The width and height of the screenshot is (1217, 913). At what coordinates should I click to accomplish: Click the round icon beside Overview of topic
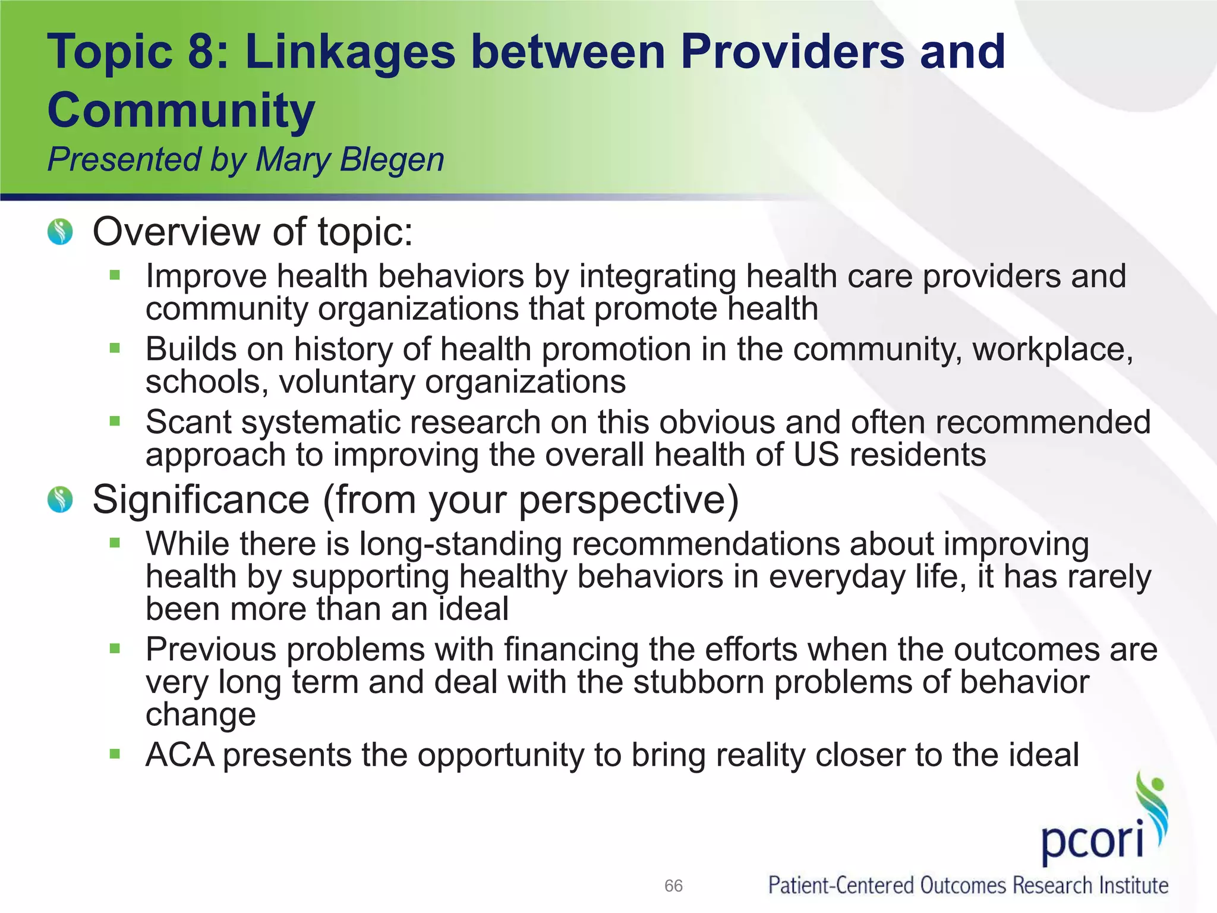pos(60,232)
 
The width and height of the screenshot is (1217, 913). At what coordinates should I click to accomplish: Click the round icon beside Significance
pos(60,499)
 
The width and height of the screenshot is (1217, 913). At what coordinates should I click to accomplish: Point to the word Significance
pos(201,499)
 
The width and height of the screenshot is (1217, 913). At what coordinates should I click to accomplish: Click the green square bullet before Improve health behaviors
pos(115,275)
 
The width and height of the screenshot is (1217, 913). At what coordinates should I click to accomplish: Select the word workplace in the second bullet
pos(1052,349)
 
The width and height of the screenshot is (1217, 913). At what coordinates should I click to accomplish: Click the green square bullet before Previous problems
pos(115,648)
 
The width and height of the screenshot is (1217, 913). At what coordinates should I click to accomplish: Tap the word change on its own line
pos(201,714)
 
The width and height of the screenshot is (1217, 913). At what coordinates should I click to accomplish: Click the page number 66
pos(673,886)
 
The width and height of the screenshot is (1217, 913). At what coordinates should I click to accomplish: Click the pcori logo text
pos(1092,842)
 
